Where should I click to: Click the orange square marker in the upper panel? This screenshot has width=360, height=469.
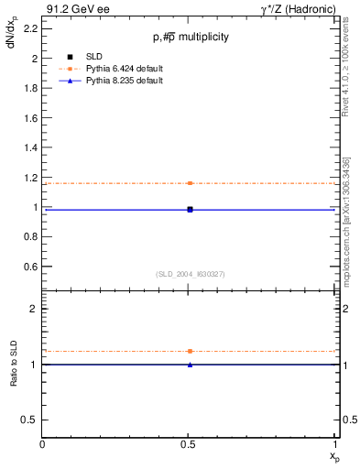[190, 183]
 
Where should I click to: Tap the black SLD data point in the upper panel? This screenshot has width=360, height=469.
[190, 210]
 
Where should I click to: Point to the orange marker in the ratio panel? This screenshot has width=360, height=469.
[190, 351]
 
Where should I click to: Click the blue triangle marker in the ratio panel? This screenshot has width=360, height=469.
[190, 365]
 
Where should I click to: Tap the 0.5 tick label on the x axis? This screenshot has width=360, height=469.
[190, 445]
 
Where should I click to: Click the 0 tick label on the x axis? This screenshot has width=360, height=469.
[43, 445]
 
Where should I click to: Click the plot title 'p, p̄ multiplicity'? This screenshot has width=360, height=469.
[190, 38]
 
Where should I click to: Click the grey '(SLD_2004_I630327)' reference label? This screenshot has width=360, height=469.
[190, 274]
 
